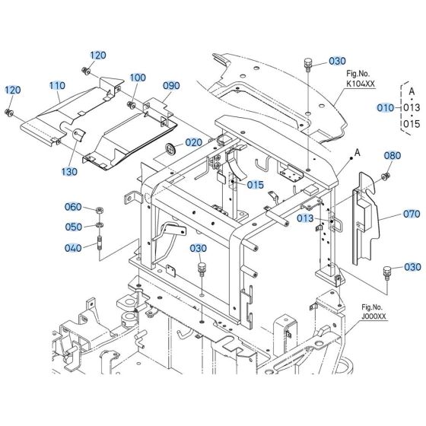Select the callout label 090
[170, 86]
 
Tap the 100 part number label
[137, 78]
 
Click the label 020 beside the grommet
[193, 142]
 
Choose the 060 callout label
[72, 208]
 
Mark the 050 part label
[72, 227]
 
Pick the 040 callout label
[72, 247]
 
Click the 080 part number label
[392, 155]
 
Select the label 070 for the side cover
[392, 215]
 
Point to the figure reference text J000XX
[374, 315]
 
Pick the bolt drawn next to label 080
[383, 176]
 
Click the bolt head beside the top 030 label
[308, 62]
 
